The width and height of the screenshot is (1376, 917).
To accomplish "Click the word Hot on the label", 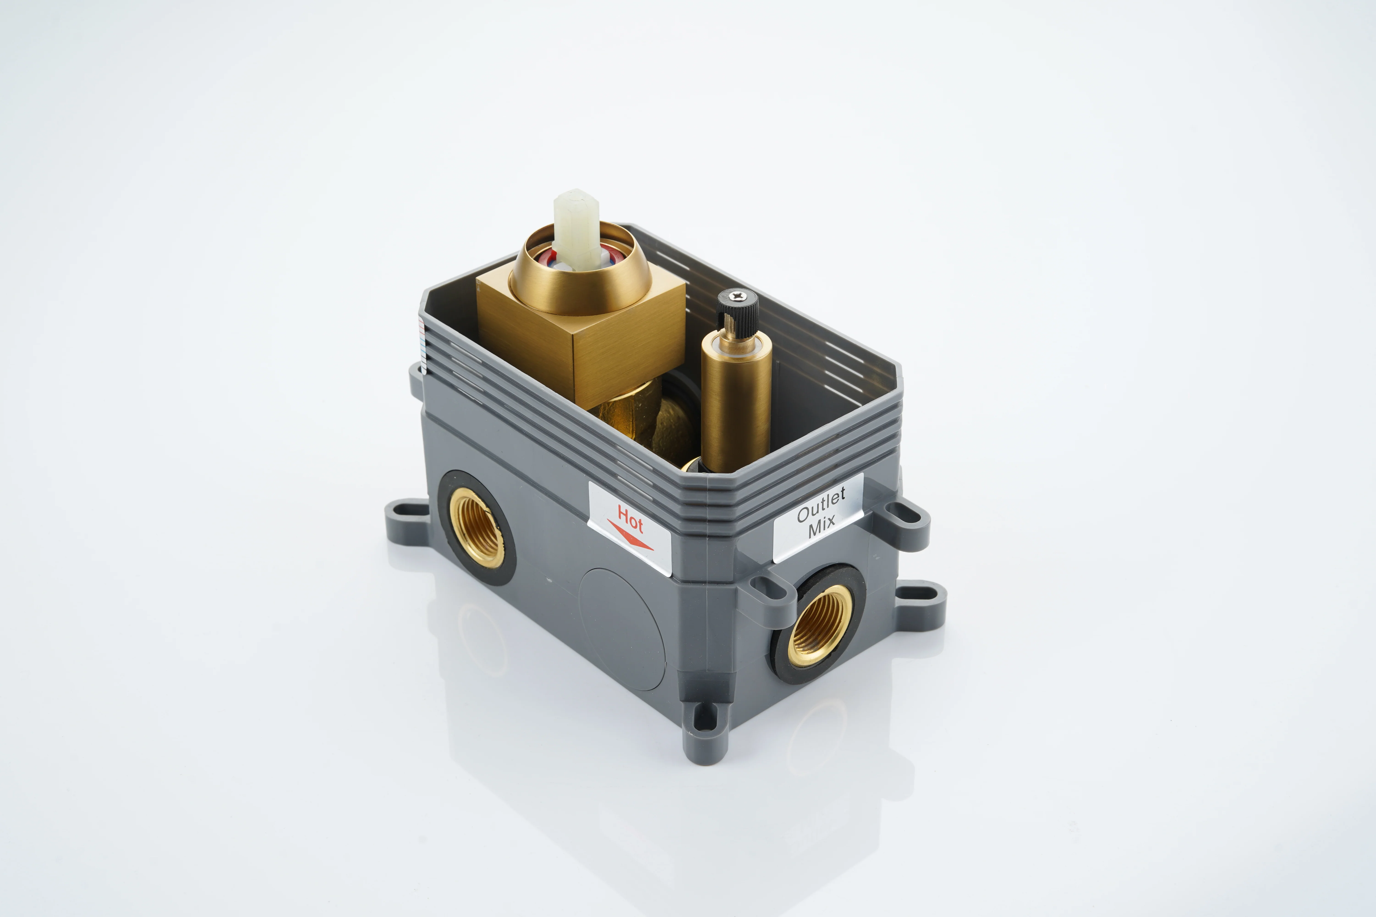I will click(x=630, y=519).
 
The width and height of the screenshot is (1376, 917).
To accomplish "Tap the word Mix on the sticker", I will click(x=822, y=526).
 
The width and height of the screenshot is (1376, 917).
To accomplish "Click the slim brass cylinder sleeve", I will click(x=736, y=403).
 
